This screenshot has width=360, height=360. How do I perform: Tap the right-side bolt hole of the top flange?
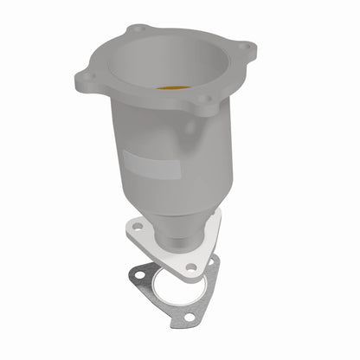point(245,47)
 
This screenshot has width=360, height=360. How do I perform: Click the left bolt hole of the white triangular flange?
point(137,228)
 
